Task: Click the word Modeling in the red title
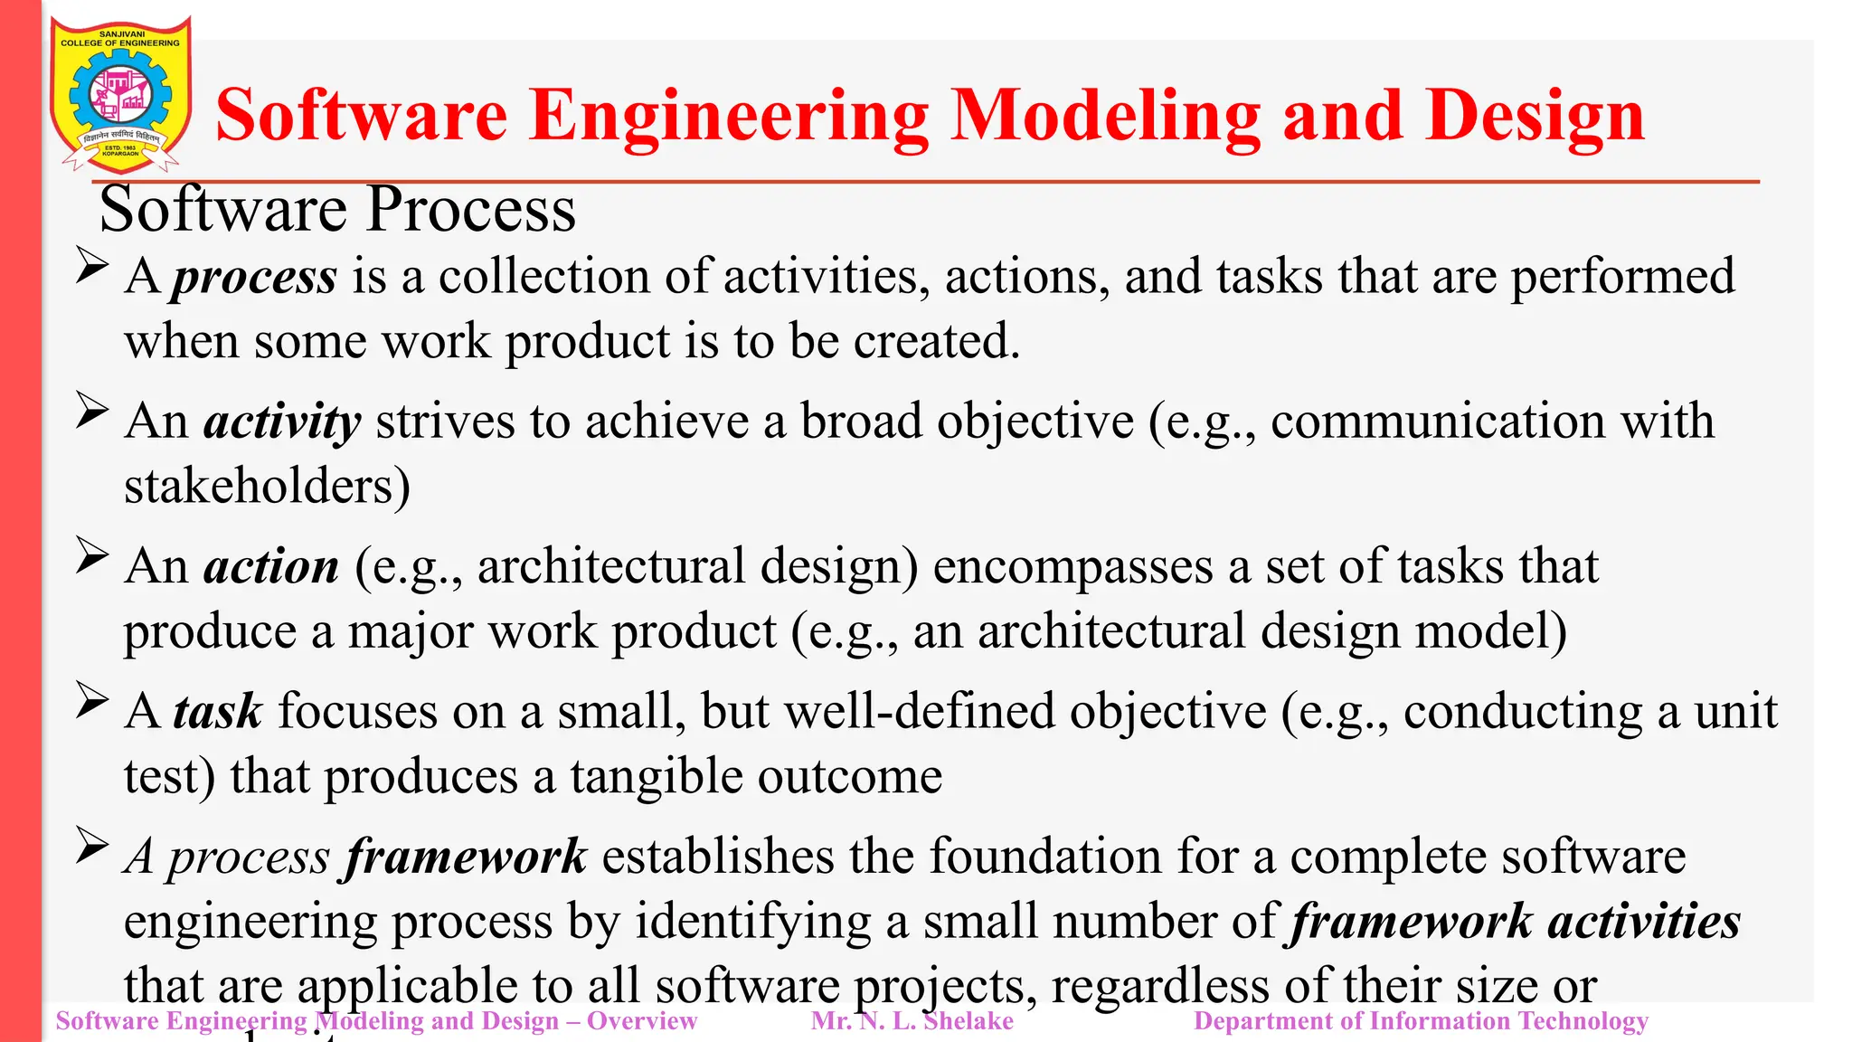point(1105,116)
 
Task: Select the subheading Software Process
point(336,210)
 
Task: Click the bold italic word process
point(255,277)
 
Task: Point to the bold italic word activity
point(282,422)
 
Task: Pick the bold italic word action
point(271,567)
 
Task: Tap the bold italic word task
point(218,711)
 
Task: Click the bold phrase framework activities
point(1516,922)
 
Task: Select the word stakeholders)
point(267,487)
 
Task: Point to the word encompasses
point(1072,567)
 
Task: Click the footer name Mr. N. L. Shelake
point(912,1021)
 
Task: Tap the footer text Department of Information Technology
point(1421,1021)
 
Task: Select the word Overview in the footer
point(642,1021)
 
